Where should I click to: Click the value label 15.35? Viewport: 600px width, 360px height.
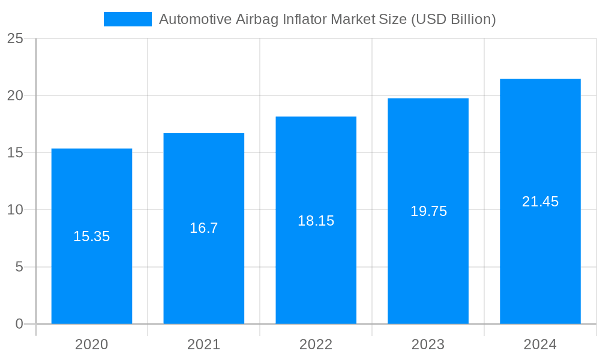click(92, 236)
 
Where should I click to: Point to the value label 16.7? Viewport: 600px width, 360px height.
click(204, 228)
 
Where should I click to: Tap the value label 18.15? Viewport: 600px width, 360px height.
click(316, 221)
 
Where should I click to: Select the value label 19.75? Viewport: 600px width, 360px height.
click(428, 211)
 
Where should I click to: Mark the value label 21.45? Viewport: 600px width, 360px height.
click(540, 202)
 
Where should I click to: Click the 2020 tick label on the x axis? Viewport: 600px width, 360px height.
click(92, 344)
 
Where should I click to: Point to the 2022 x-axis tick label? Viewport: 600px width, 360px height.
click(316, 344)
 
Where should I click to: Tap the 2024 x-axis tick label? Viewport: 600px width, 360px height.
click(540, 344)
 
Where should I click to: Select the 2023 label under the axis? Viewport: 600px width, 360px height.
click(428, 344)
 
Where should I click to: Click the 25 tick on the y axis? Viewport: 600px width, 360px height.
click(15, 39)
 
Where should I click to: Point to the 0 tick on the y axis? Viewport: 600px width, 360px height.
click(19, 324)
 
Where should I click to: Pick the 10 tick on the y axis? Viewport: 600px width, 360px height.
click(15, 210)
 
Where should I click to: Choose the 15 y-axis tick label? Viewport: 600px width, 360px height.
click(15, 153)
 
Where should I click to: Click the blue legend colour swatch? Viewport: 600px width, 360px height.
click(128, 19)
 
